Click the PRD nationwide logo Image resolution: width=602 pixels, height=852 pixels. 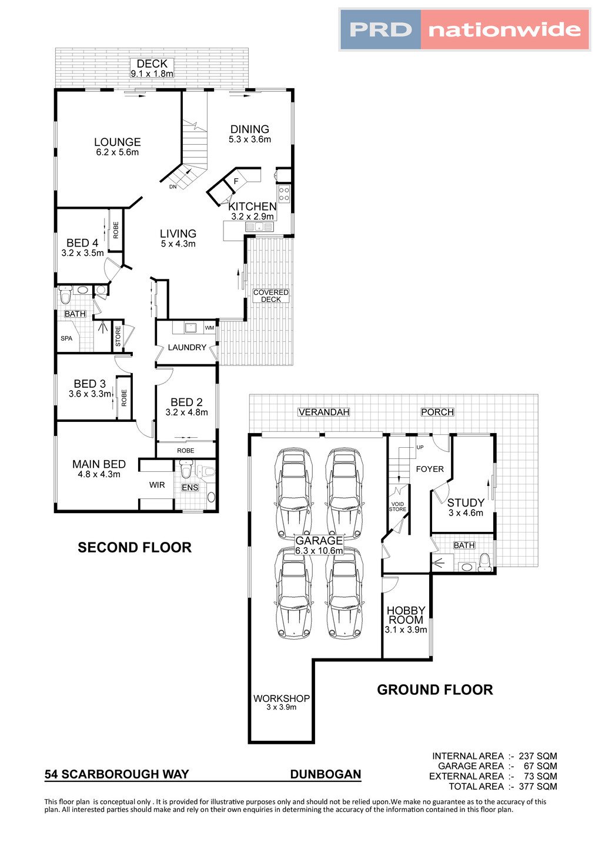[464, 30]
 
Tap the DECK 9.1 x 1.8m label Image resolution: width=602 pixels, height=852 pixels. [152, 68]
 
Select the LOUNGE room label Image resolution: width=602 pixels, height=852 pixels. [118, 142]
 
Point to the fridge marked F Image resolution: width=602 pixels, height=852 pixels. [236, 181]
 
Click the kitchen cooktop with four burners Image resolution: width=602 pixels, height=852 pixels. [284, 193]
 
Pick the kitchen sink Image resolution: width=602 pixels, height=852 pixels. [260, 228]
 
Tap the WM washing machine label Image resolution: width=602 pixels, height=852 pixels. [209, 328]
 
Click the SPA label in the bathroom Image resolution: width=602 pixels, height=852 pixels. [66, 338]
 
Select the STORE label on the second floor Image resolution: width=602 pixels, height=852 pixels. [118, 335]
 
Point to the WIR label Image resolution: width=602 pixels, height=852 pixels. [157, 485]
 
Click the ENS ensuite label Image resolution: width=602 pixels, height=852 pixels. [190, 488]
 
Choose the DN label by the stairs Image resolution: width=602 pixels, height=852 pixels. [173, 187]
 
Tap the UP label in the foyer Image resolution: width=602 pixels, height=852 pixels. [420, 447]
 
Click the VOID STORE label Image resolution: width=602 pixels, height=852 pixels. [397, 507]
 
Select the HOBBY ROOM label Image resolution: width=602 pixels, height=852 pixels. [406, 615]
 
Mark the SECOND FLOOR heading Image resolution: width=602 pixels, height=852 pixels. [135, 547]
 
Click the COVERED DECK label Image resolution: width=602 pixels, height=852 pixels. [271, 296]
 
